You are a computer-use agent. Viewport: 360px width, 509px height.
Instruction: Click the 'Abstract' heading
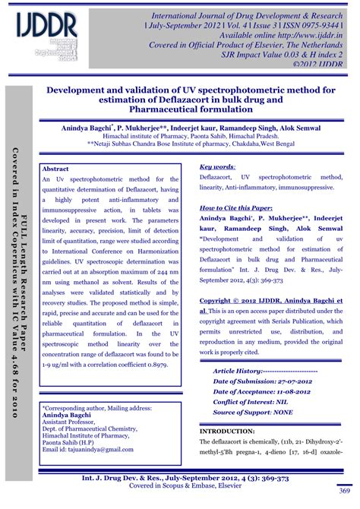coord(55,169)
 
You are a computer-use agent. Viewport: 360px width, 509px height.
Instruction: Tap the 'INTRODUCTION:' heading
coord(227,430)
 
